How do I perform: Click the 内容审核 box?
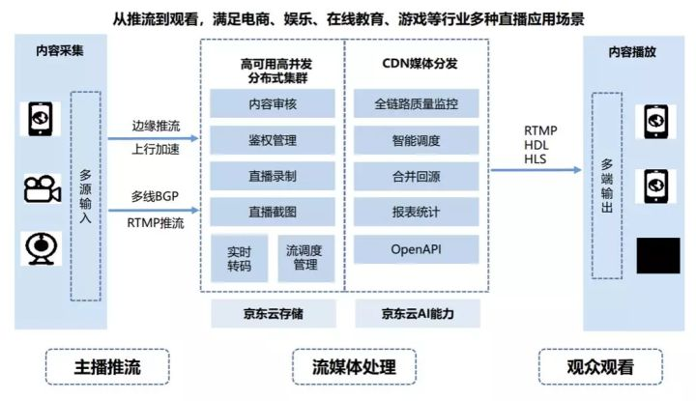click(x=273, y=103)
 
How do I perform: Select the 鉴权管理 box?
click(x=273, y=141)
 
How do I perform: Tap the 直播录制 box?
click(x=273, y=178)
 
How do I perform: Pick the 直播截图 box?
click(x=273, y=214)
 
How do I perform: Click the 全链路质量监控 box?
click(x=417, y=103)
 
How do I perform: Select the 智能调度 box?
click(x=417, y=141)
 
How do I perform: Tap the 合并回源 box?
click(x=417, y=178)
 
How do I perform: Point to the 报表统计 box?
click(x=417, y=214)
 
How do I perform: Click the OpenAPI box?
click(x=417, y=249)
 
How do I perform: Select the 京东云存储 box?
click(x=273, y=313)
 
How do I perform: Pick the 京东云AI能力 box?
click(x=418, y=313)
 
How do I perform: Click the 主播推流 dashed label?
click(x=107, y=367)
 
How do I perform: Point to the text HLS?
click(x=535, y=158)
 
